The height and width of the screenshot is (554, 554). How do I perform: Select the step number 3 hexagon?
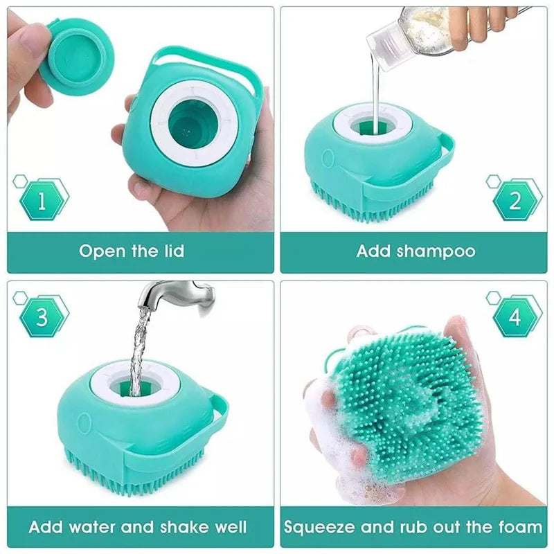42,318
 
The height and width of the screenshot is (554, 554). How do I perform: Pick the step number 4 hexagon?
515,318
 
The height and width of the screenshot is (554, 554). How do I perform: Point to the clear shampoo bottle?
402,31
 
